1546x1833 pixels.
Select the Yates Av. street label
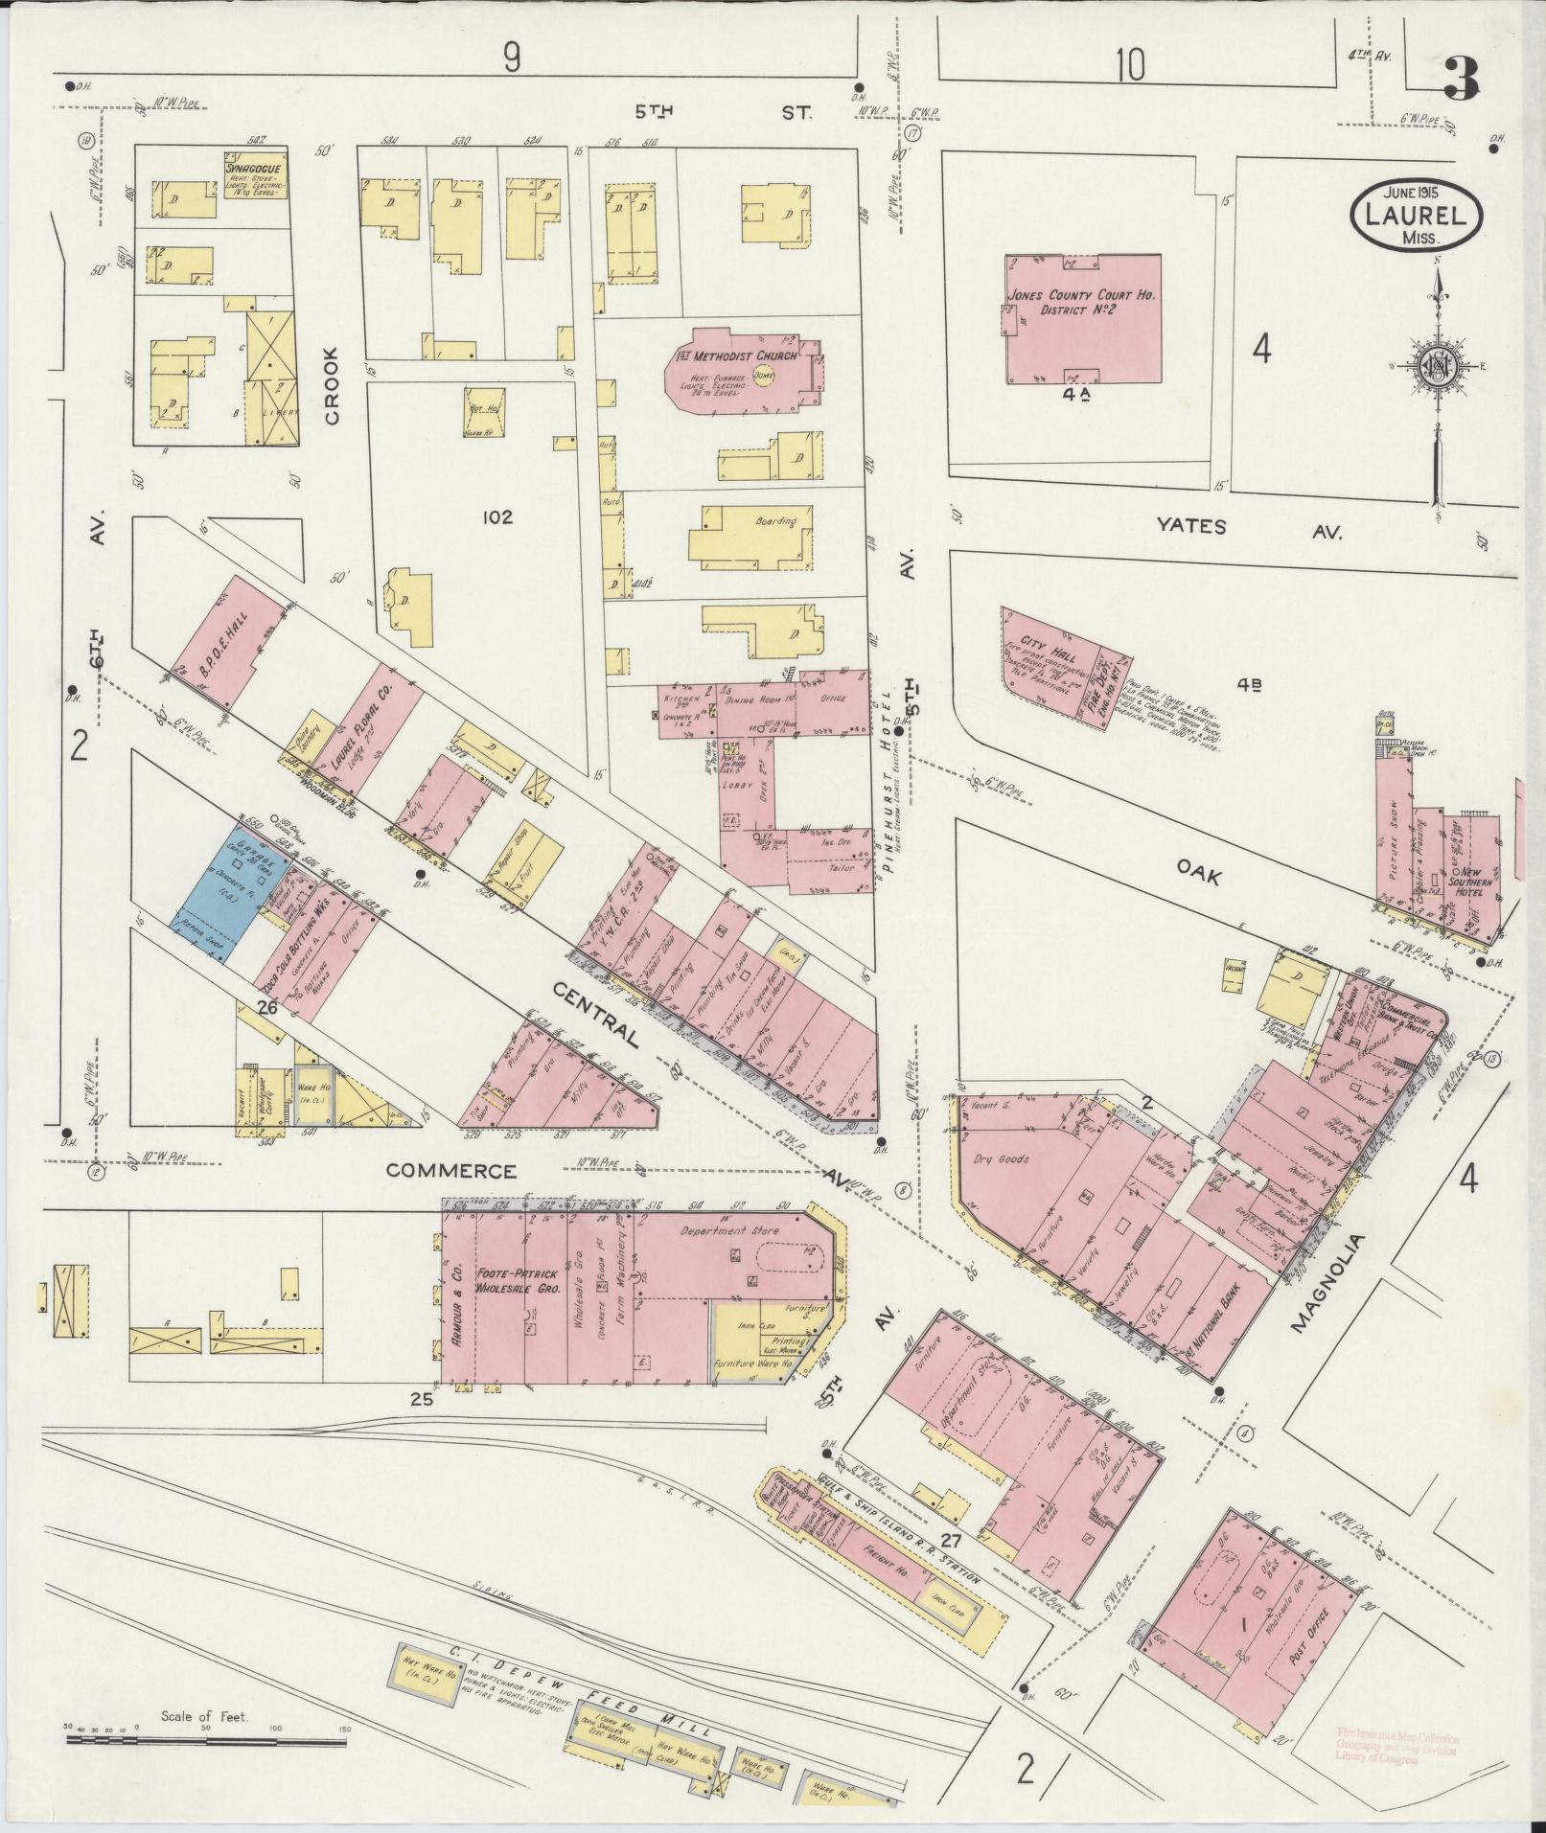coord(1245,528)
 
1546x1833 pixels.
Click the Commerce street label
coord(451,1171)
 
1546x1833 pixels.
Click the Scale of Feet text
coord(205,1716)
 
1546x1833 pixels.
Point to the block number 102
coord(498,517)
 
